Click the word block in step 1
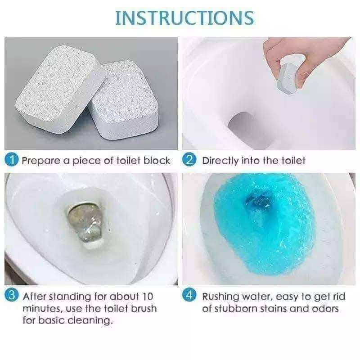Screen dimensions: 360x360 tap(157, 161)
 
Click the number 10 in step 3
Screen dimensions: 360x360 tap(147, 297)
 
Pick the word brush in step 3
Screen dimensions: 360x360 tap(144, 309)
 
